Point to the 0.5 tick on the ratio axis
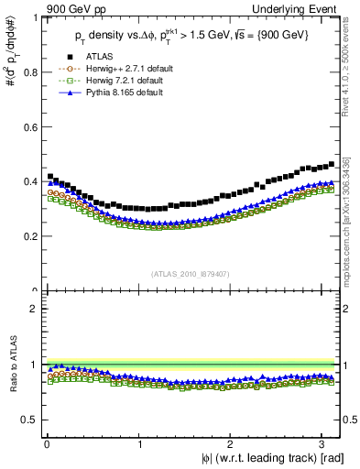click(x=29, y=420)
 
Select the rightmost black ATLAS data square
click(x=331, y=164)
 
